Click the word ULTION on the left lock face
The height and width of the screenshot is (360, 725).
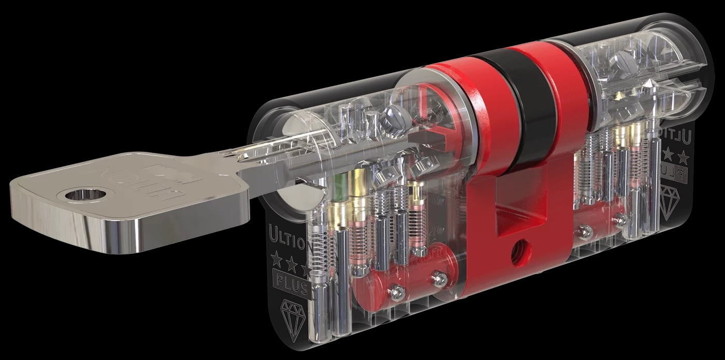pyautogui.click(x=287, y=234)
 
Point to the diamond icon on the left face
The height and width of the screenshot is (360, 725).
pyautogui.click(x=293, y=314)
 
